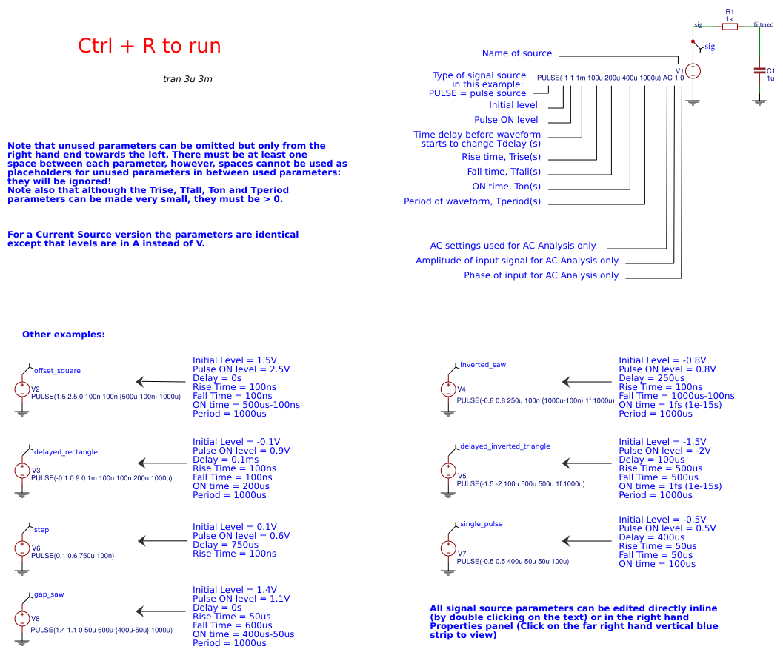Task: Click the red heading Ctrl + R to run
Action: (x=149, y=46)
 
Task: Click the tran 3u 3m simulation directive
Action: (x=187, y=78)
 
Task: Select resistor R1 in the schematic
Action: (x=730, y=27)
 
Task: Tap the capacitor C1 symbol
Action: (x=759, y=71)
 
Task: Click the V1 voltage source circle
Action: (x=693, y=72)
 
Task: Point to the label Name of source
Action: (x=516, y=53)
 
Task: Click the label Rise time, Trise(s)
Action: (x=501, y=157)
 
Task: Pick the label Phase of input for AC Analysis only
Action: (x=541, y=275)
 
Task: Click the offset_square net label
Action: (x=57, y=370)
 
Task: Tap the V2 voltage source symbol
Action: (x=22, y=389)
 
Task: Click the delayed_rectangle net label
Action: (x=65, y=451)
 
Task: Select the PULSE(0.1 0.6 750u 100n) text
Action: (x=73, y=555)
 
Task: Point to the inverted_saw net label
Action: (x=482, y=365)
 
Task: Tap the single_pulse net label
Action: (x=481, y=524)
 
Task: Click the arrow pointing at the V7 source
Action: (x=585, y=541)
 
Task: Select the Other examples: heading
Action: (x=64, y=335)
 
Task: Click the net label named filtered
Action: (x=764, y=24)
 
